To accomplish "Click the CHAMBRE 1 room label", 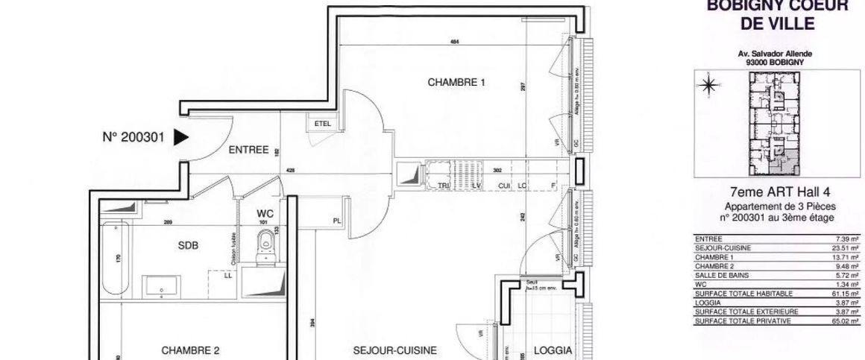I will pyautogui.click(x=456, y=83).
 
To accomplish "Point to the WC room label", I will pyautogui.click(x=266, y=212).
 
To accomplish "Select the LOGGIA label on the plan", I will pyautogui.click(x=553, y=350).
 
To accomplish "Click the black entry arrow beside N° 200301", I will pyautogui.click(x=181, y=137).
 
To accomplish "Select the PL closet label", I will pyautogui.click(x=338, y=221).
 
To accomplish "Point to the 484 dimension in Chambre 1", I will pyautogui.click(x=454, y=42).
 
